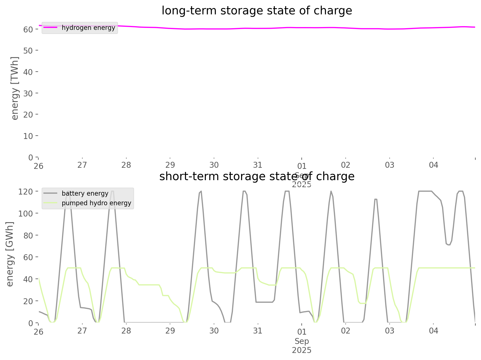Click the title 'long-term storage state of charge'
point(257,11)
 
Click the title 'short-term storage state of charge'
point(257,176)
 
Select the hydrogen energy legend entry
point(88,28)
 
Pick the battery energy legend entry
point(85,194)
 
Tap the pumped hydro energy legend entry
point(96,203)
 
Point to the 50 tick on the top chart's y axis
point(28,51)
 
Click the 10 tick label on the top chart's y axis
point(28,136)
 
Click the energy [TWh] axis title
point(15,88)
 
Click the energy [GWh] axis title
point(10,254)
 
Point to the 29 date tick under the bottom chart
point(170,331)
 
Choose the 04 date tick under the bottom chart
point(434,331)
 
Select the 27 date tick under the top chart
point(82,165)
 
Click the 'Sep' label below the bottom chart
point(302,341)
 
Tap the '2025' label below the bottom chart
point(302,350)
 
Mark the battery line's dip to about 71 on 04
point(448,245)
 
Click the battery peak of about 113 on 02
point(376,199)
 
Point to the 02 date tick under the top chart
point(346,165)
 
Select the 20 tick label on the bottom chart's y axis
point(28,301)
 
